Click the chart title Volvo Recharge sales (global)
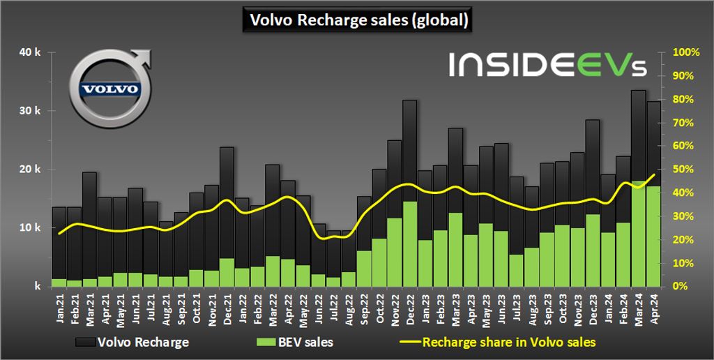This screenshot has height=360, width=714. coord(357,20)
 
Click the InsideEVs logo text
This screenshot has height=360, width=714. coord(548,65)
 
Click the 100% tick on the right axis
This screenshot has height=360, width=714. coord(685,52)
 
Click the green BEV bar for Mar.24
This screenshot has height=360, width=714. coord(637,234)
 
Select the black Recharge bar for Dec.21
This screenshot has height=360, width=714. coord(227,202)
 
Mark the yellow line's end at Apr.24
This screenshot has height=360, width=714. coord(654,174)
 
